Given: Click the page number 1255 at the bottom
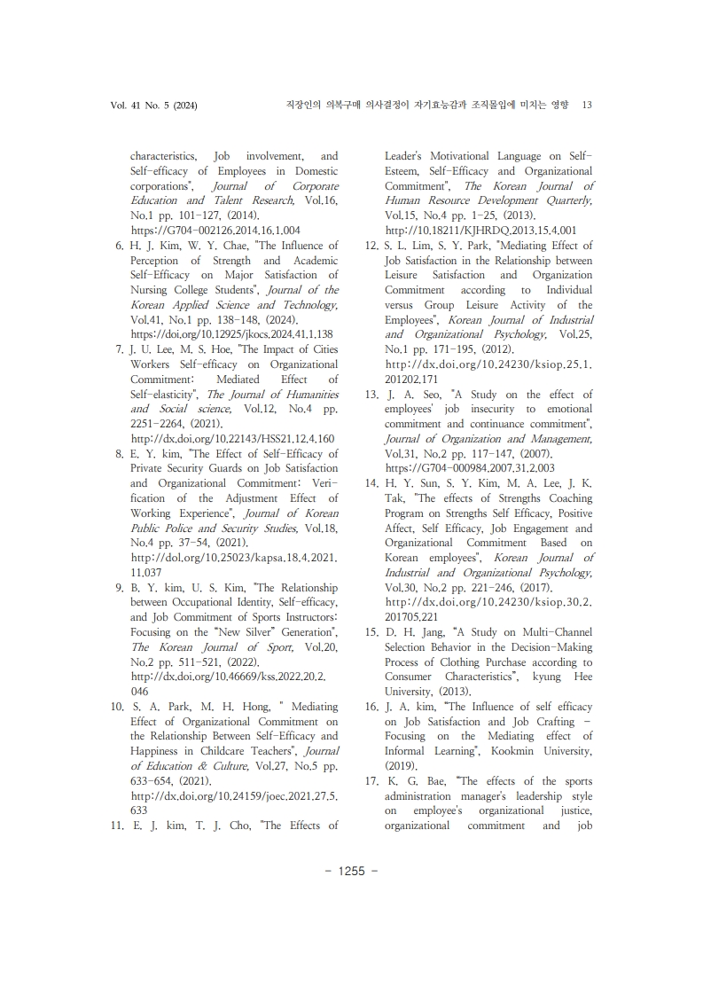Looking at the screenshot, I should tap(352, 870).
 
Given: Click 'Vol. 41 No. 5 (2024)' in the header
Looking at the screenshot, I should tap(153, 105).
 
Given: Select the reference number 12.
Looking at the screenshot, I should tap(372, 246).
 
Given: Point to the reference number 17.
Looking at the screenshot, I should tap(372, 781).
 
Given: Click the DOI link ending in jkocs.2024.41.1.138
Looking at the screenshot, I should tap(231, 334).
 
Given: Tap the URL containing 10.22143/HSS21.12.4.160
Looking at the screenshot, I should tap(231, 439).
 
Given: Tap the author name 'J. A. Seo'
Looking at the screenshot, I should tap(411, 395).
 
